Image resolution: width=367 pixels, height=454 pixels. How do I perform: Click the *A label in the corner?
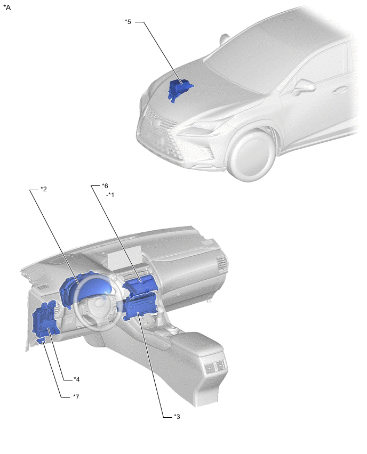(7, 7)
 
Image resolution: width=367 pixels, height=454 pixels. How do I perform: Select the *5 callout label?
(128, 22)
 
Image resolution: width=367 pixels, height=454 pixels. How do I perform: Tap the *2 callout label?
(44, 189)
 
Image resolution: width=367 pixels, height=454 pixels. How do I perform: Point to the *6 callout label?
(105, 185)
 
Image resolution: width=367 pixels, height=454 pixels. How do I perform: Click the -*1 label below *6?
(110, 195)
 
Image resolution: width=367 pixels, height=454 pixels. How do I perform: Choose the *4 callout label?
(76, 379)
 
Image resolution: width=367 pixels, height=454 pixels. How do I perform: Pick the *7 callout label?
(76, 396)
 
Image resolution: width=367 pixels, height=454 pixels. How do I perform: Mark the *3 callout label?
(177, 416)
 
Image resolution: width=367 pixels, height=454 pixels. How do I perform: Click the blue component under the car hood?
(180, 88)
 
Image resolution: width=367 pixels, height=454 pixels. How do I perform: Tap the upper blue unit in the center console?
(141, 285)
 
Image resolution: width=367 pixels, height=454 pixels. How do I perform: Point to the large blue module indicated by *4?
(46, 319)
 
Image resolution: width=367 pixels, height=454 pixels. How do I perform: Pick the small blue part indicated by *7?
(41, 341)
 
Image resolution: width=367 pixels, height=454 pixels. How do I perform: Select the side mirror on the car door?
(305, 86)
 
